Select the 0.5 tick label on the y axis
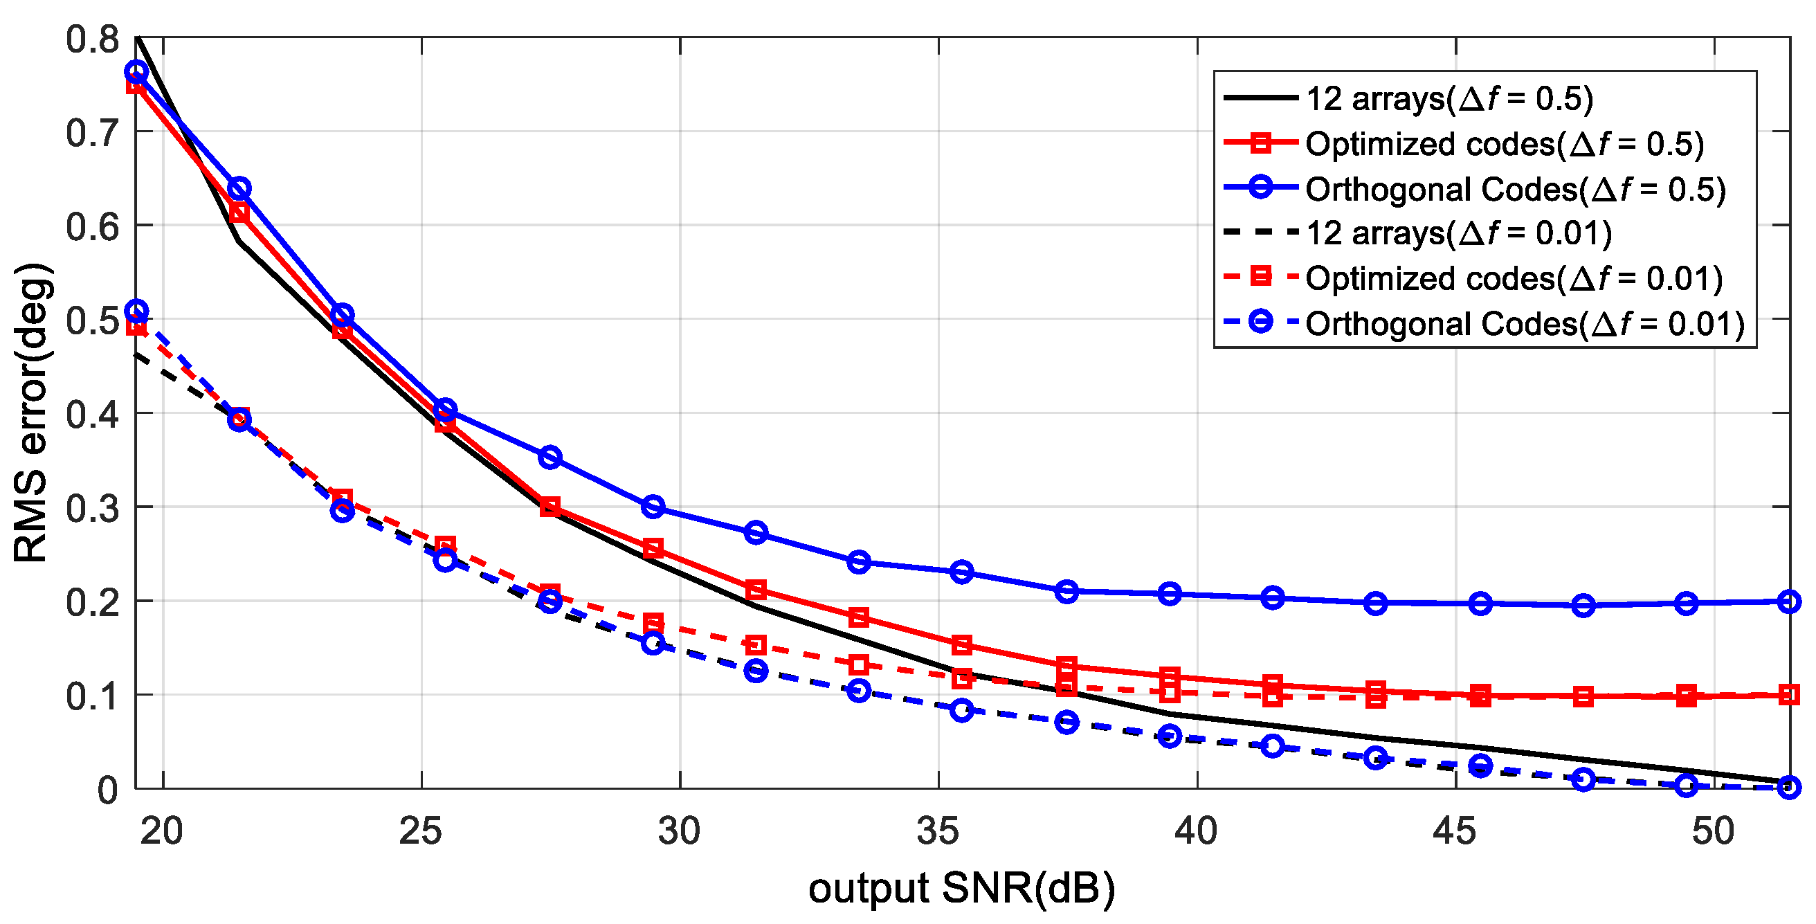tap(92, 320)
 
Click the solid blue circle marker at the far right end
tap(1788, 601)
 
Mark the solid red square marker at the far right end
tap(1788, 695)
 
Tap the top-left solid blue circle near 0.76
tap(137, 72)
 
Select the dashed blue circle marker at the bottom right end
tap(1788, 786)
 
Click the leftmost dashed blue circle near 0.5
tap(137, 311)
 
